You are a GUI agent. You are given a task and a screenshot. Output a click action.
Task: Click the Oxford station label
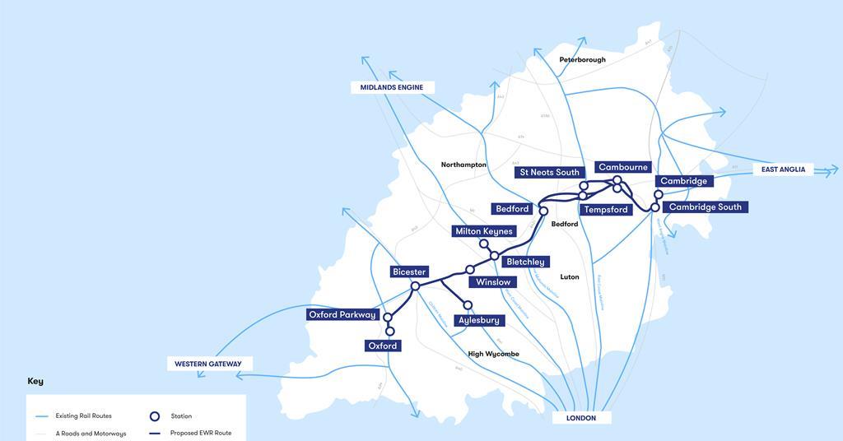383,346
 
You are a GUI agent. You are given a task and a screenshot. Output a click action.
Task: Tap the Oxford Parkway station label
342,314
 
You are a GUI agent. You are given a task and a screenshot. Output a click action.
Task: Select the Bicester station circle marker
415,285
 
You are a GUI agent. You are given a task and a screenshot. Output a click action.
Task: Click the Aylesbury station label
479,320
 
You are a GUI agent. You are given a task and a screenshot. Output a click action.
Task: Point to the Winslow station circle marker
470,269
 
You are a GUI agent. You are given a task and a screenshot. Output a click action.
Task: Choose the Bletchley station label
525,262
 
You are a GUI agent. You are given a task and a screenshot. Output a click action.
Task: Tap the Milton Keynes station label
484,231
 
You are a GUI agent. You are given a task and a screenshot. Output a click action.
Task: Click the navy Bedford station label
512,209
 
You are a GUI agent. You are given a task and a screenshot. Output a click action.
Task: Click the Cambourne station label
623,167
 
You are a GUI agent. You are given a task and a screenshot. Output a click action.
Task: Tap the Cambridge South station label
705,207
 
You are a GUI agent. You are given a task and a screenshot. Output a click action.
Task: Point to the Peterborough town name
582,60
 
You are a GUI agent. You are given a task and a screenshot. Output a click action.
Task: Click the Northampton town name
463,165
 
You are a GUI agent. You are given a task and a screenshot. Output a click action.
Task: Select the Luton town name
570,277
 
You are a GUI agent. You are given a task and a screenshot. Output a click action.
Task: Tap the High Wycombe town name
494,354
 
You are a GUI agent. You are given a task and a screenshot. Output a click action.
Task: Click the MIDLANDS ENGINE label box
393,87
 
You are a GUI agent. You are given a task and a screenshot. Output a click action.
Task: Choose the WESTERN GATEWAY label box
209,364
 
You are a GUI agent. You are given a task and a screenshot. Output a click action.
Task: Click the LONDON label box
581,418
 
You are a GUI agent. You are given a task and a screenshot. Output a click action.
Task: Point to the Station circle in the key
154,416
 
